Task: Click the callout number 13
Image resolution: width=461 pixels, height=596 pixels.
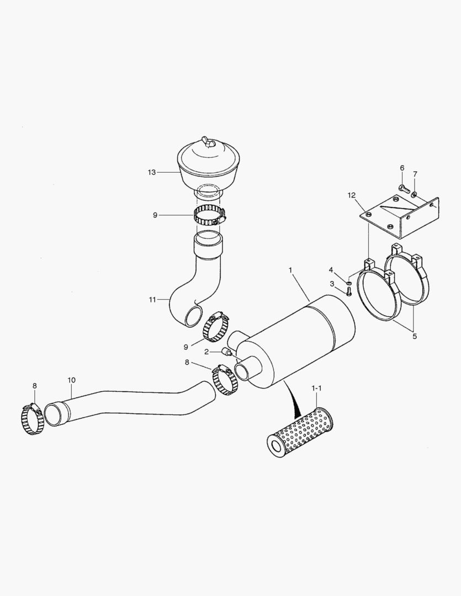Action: pos(152,172)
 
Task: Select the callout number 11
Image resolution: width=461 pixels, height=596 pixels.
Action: pos(152,300)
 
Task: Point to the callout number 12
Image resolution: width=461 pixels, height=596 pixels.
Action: pos(351,195)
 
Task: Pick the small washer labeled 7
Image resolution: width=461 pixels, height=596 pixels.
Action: pos(414,194)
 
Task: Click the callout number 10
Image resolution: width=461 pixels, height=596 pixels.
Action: pos(71,380)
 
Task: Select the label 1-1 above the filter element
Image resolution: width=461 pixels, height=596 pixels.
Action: pos(316,389)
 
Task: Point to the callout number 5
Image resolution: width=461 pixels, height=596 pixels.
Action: pos(415,335)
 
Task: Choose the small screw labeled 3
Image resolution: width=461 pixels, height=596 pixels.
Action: pos(348,293)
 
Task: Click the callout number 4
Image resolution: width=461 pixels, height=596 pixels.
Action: pos(331,270)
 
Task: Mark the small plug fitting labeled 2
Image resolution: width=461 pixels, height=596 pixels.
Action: pos(226,351)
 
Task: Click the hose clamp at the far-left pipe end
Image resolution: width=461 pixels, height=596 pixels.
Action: pos(33,419)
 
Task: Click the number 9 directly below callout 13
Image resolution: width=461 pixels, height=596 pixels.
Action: pos(155,215)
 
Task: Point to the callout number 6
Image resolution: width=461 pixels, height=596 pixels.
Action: pos(402,168)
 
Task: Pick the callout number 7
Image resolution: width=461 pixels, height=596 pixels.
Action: pos(415,174)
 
